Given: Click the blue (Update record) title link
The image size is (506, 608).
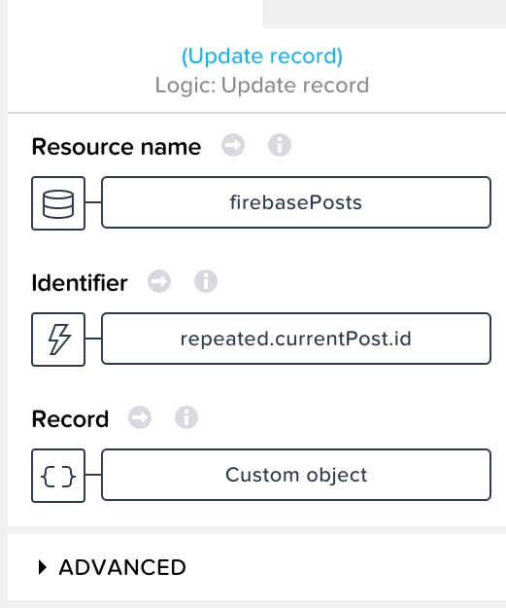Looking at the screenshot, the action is coord(262,56).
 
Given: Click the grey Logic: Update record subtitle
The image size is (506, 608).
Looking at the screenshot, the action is coord(262,85).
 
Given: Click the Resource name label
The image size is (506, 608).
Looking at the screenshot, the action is coord(117,147).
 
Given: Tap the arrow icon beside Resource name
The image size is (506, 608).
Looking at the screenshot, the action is coord(233,145).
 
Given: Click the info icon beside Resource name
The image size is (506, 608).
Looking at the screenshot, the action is coord(280,145).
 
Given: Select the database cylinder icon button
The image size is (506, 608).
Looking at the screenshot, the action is coord(58,203).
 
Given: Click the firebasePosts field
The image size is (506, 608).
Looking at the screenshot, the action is coord(296,202).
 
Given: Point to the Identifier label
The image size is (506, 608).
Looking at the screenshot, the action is coord(80,283).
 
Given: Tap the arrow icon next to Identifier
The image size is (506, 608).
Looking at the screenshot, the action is coord(159,281).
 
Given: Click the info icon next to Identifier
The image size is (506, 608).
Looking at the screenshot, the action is coord(206,281).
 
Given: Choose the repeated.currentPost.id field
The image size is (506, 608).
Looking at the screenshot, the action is coord(296,339).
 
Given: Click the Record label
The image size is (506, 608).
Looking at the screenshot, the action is coord(70,419).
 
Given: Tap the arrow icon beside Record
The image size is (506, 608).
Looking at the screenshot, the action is coord(140,417).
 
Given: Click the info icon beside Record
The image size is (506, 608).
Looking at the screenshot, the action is coord(186,417).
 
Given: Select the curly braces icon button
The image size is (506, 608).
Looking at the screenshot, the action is coord(58,476).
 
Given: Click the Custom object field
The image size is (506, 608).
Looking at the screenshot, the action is coord(296,475).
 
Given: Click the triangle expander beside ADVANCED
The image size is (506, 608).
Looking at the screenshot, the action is coord(43,567).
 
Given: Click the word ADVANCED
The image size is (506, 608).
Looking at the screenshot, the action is coord(122,567).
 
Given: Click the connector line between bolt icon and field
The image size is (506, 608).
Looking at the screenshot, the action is coord(93,339).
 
